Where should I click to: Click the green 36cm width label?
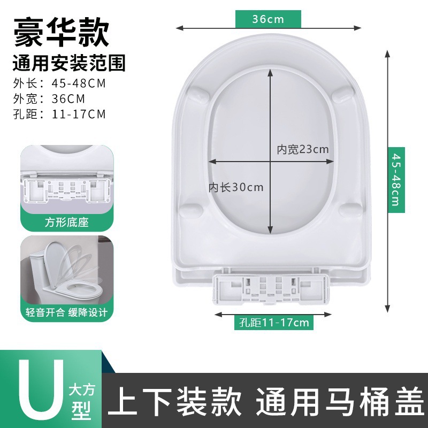pyautogui.click(x=268, y=19)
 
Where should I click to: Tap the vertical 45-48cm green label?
pyautogui.click(x=396, y=180)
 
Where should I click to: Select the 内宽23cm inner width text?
pyautogui.click(x=303, y=149)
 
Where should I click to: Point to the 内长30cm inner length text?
pyautogui.click(x=236, y=187)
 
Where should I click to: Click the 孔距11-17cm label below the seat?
pyautogui.click(x=274, y=323)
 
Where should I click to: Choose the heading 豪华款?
pyautogui.click(x=61, y=32)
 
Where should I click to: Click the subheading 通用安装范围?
pyautogui.click(x=69, y=63)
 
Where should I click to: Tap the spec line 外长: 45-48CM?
pyautogui.click(x=59, y=83)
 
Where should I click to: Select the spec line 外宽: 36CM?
pyautogui.click(x=49, y=98)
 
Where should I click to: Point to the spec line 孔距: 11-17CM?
pyautogui.click(x=59, y=114)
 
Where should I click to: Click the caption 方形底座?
pyautogui.click(x=67, y=222)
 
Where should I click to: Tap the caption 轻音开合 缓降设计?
pyautogui.click(x=66, y=312)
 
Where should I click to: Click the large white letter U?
pyautogui.click(x=41, y=391)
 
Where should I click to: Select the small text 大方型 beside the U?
pyautogui.click(x=81, y=401)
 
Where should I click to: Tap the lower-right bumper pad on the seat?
pyautogui.click(x=350, y=210)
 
